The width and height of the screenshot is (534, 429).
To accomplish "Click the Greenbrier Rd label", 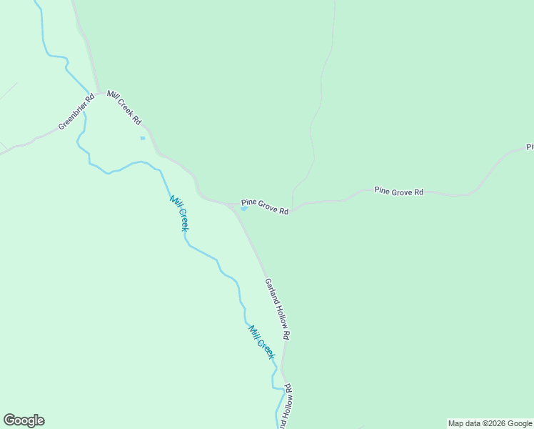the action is pos(77,112).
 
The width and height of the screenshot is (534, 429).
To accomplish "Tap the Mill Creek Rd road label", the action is pos(124,108).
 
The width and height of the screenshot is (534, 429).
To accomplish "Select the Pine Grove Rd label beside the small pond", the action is pos(264,207).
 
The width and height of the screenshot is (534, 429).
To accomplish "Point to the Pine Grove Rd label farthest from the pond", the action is pos(399,191).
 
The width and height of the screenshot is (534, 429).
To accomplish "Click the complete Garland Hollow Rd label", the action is pos(278,309).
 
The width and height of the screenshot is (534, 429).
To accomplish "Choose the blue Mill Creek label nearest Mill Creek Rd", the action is pos(178,212).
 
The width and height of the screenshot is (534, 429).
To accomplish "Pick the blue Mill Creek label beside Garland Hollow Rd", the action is pos(261,342).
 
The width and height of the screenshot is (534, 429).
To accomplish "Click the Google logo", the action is pos(24,420).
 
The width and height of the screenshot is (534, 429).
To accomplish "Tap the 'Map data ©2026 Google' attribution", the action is pos(490,423).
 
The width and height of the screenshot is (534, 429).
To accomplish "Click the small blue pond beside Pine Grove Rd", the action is pos(244,209).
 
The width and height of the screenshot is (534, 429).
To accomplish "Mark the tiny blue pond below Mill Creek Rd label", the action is pos(143,138).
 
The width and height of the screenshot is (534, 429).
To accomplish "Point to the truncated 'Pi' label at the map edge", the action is pos(530,147).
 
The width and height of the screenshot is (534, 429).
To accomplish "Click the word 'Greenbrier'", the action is pos(73,117).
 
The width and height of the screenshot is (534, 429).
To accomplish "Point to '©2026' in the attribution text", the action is pos(496,423).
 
